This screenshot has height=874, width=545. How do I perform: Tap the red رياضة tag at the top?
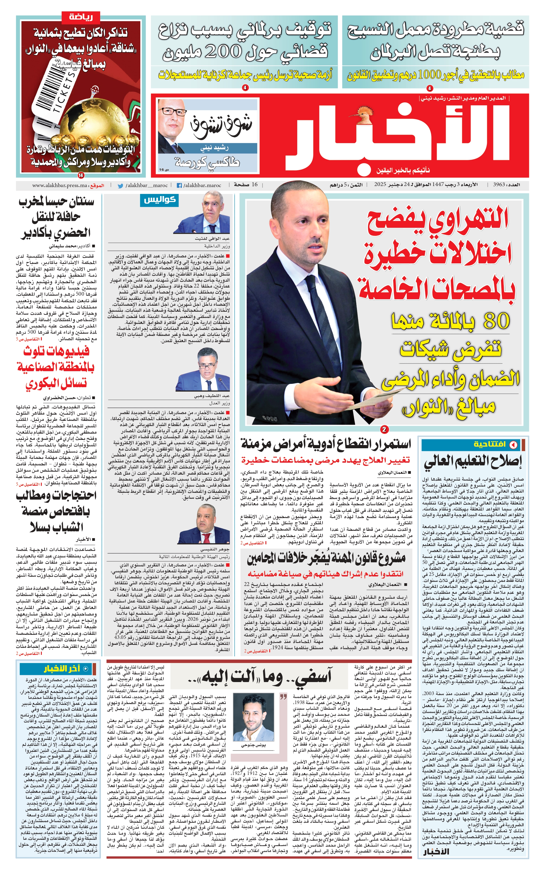(81, 17)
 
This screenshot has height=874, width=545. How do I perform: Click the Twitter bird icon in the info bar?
(121, 186)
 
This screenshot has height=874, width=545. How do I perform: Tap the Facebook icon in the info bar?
(179, 186)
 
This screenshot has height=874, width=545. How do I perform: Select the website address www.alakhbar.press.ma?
(60, 185)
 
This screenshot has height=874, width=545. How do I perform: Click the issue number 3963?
(499, 185)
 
